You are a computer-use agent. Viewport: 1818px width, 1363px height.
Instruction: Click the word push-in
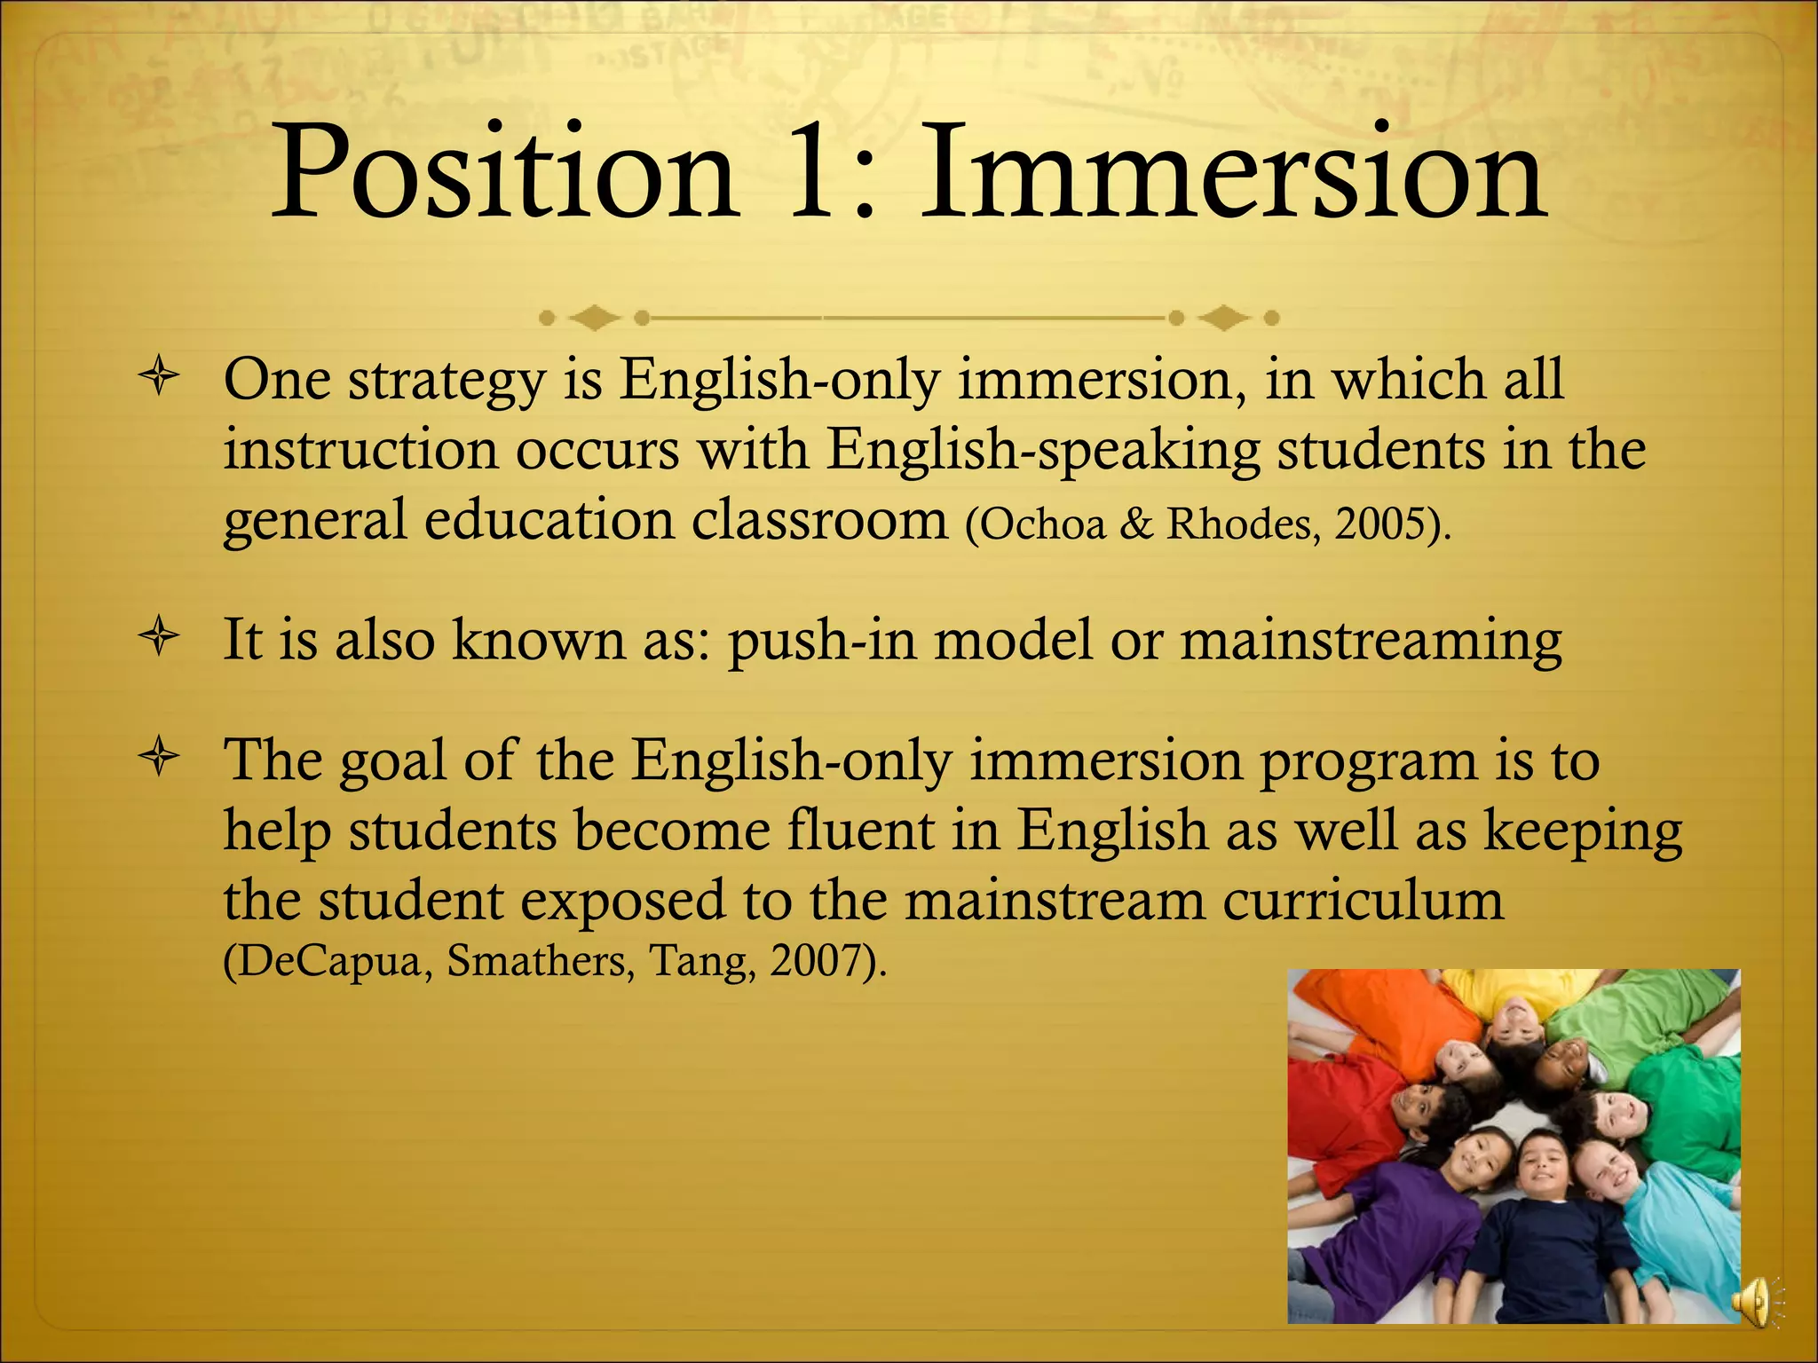(821, 641)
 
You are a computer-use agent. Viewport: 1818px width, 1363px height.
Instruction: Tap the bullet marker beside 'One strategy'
(159, 379)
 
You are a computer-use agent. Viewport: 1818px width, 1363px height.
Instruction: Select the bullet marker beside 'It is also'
(159, 638)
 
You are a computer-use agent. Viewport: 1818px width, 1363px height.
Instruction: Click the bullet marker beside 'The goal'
(159, 760)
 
